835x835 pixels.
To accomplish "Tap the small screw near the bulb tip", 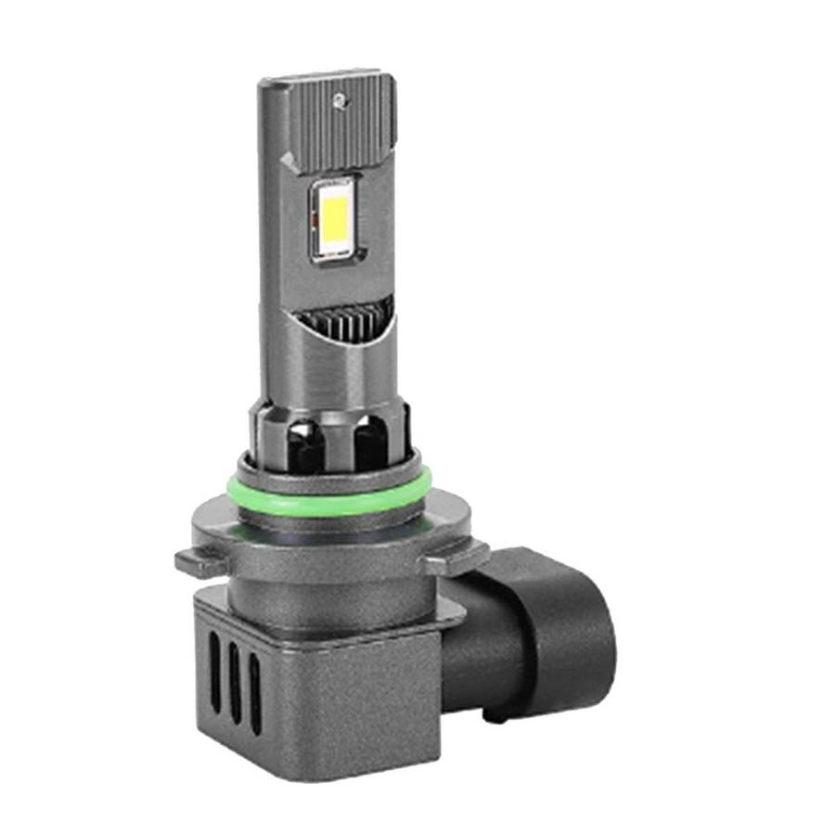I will pyautogui.click(x=342, y=96).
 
